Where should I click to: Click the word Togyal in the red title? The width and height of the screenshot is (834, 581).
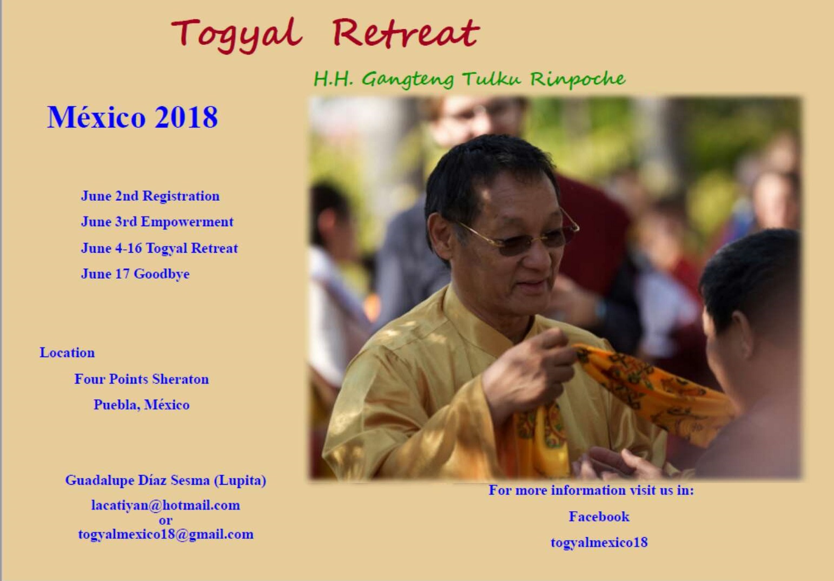point(236,35)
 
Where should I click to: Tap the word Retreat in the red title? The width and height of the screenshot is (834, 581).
point(406,33)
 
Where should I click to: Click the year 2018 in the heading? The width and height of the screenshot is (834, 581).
point(186,117)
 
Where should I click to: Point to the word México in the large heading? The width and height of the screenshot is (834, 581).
point(96,117)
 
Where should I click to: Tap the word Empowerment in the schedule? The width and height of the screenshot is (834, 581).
point(187,222)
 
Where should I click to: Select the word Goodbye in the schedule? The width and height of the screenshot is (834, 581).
point(162,274)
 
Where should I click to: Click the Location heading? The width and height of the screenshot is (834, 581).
point(68,353)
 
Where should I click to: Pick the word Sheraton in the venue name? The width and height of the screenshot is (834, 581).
point(180,379)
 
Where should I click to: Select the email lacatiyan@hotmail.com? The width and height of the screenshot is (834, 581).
point(166,505)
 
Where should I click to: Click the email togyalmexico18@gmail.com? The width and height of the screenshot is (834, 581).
point(166,535)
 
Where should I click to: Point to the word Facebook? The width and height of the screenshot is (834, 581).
point(599,517)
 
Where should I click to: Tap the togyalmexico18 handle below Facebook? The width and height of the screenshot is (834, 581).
point(599,543)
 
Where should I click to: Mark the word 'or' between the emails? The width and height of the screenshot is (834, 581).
point(166,520)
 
